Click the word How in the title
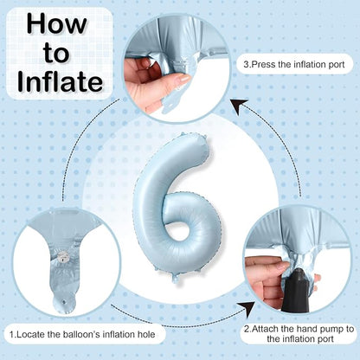57,25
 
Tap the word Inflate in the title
60,81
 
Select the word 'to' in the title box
56,54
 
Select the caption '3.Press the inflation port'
294,64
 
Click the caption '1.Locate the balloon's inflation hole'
82,335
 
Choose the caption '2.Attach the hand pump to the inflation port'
299,334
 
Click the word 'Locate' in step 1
31,335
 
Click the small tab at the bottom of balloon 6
176,279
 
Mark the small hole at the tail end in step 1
63,303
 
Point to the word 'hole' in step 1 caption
146,335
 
